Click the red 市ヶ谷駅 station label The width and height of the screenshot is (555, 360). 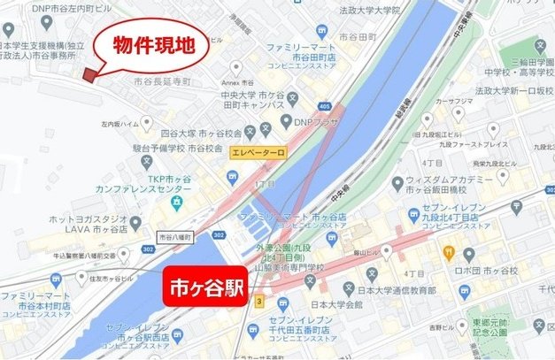tap(204, 288)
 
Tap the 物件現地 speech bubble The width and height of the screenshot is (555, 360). tap(151, 43)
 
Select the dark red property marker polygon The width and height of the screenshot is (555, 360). tap(89, 74)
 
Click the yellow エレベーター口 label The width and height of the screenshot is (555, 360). tap(258, 153)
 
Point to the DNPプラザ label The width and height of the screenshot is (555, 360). tap(316, 123)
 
